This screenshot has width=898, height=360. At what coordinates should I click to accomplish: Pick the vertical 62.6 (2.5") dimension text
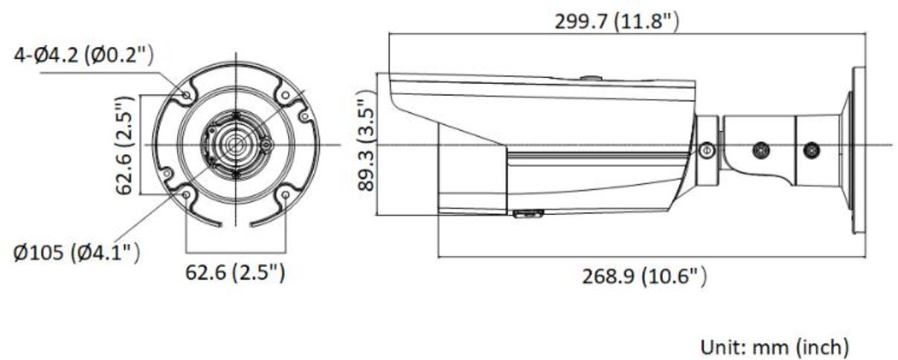pos(126,144)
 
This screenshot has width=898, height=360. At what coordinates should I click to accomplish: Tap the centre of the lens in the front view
pos(236,143)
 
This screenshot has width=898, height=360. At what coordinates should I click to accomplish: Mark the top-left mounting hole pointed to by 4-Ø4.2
pos(186,94)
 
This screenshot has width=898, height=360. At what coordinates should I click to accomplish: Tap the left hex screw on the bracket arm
pos(760,150)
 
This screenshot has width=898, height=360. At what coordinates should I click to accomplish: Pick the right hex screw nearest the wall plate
pos(812,150)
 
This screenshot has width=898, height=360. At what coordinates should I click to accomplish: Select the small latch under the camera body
pos(527,214)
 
